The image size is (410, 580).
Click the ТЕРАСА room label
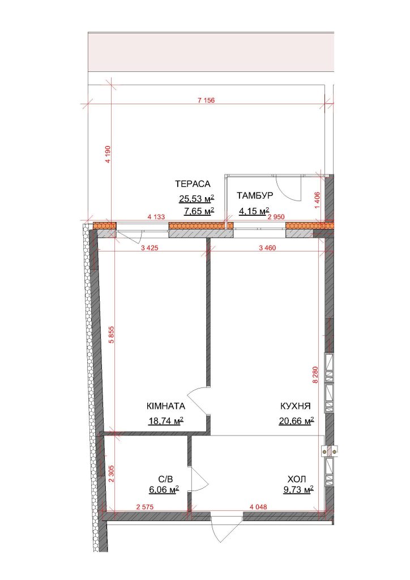click(x=193, y=184)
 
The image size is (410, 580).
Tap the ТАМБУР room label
click(x=255, y=195)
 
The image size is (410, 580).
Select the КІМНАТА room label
click(x=166, y=406)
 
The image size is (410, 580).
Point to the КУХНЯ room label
click(x=296, y=406)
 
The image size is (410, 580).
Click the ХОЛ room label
click(x=297, y=480)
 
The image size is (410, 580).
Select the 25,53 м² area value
click(x=197, y=199)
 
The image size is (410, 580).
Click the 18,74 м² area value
click(x=166, y=421)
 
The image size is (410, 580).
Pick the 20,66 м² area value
click(x=297, y=421)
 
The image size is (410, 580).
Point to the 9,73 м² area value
click(x=298, y=490)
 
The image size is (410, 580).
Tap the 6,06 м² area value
click(x=164, y=490)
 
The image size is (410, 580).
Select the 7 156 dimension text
click(x=206, y=100)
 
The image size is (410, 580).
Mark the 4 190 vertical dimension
click(x=108, y=154)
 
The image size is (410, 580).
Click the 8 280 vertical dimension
click(x=315, y=374)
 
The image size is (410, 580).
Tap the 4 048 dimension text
click(x=258, y=507)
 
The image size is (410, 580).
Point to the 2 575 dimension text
click(x=144, y=507)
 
